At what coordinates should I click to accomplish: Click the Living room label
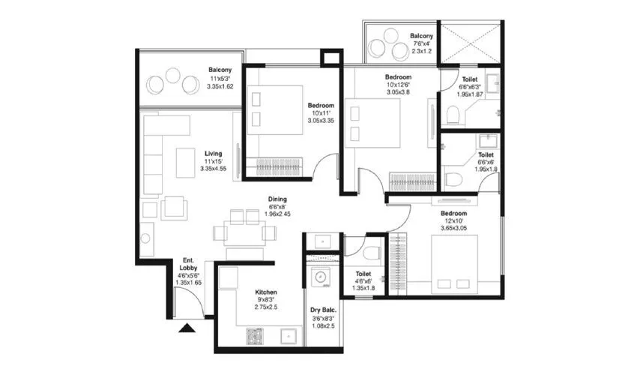[x=214, y=153]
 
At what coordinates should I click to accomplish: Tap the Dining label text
[x=277, y=199]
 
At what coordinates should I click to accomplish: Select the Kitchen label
[x=266, y=292]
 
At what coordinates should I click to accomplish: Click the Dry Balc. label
[x=323, y=310]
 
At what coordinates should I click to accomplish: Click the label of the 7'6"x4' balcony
[x=421, y=36]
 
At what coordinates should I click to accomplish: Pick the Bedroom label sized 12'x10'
[x=454, y=213]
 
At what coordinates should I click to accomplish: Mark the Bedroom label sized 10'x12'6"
[x=398, y=77]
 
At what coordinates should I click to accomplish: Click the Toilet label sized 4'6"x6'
[x=363, y=274]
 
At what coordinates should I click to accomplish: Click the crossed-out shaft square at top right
[x=470, y=42]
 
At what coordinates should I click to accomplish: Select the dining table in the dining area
[x=244, y=231]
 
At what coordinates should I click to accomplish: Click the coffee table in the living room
[x=185, y=162]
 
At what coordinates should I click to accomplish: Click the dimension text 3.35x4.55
[x=214, y=169]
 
